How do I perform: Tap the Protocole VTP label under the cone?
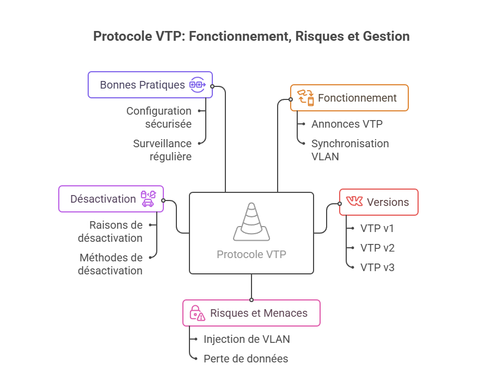251,254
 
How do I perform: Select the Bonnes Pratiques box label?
142,85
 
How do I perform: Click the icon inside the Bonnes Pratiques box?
197,85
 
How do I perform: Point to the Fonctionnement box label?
357,98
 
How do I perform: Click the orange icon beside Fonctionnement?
305,98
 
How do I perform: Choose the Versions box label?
388,202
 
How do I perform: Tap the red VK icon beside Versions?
354,202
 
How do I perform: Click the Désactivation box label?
103,199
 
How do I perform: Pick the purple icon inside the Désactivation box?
148,198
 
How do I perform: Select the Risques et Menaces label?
259,313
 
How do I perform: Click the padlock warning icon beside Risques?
197,313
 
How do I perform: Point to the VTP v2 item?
377,248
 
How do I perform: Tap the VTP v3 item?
377,267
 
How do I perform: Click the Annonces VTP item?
347,124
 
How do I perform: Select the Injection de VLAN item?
247,339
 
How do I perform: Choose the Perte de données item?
246,359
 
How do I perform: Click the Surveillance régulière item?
162,150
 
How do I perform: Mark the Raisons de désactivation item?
110,231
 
